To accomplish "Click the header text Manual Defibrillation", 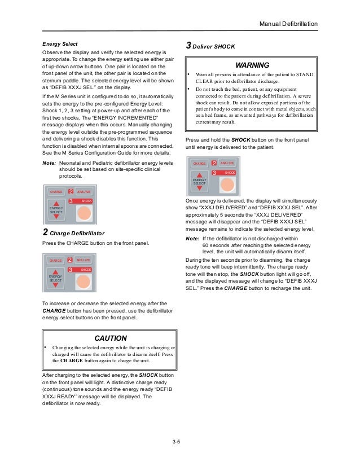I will click(288, 24).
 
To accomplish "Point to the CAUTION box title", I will click(110, 338).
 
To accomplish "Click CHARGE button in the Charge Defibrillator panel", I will click(55, 261).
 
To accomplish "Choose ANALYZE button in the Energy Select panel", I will click(84, 192).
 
